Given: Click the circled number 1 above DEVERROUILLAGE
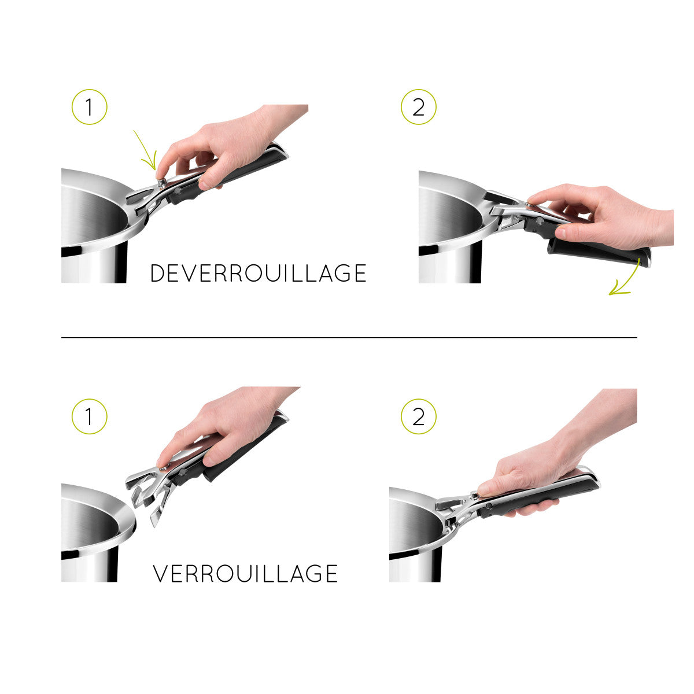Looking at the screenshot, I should (x=89, y=107).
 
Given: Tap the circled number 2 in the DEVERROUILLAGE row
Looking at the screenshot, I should (x=418, y=107).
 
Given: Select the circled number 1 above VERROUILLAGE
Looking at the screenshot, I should (x=89, y=416).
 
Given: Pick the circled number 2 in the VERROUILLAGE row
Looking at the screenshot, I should (x=418, y=416).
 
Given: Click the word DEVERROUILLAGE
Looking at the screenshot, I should (x=258, y=274).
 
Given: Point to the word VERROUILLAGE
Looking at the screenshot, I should (x=245, y=574).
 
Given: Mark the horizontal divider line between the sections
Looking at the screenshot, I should (x=349, y=337).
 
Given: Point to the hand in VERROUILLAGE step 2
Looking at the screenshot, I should (x=544, y=463).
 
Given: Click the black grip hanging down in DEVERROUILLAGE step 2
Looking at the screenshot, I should (x=599, y=253).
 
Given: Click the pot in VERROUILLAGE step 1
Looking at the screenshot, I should (x=93, y=532).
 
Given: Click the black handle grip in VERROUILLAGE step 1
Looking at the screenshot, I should (x=246, y=451).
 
